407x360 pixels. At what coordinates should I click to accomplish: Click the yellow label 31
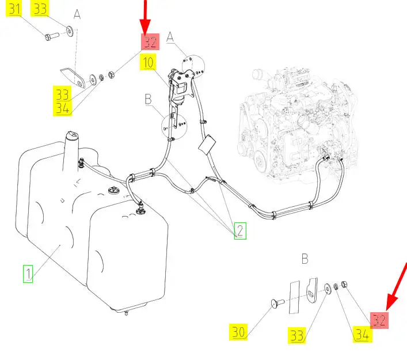coord(14,8)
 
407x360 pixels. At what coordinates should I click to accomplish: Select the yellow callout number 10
coord(148,62)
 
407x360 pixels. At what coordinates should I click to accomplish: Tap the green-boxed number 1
coord(28,274)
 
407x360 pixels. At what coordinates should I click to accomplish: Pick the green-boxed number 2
coord(240,230)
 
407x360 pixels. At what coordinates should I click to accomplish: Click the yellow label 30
coord(238,332)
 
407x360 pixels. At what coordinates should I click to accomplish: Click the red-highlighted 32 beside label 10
coord(150,42)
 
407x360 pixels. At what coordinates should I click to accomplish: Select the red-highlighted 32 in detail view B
coord(379,320)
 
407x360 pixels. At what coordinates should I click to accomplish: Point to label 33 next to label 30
coord(296,335)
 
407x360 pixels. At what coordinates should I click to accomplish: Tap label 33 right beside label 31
coord(40,8)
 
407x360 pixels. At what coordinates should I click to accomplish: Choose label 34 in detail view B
coord(362,334)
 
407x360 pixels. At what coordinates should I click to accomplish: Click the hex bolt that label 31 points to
coord(52,36)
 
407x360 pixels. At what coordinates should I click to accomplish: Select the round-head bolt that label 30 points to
coord(277,302)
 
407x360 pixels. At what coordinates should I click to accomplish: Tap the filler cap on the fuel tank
coord(71,135)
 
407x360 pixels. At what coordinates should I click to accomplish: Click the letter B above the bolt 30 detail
coord(305,259)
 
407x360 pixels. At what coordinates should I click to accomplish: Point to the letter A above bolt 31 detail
coord(77,14)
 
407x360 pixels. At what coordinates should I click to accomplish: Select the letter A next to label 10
coord(170,37)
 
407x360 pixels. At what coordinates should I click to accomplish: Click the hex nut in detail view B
coord(344,284)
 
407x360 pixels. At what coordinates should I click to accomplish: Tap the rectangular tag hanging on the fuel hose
coord(207,145)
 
